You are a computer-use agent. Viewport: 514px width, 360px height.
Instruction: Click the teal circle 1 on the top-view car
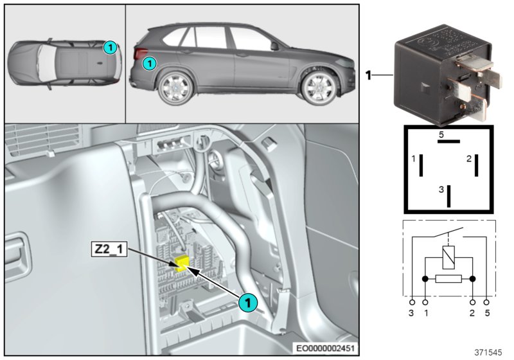click(110, 46)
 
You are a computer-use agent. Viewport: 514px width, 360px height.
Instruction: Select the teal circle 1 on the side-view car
click(148, 63)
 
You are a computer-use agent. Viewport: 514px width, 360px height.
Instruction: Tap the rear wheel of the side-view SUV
click(172, 89)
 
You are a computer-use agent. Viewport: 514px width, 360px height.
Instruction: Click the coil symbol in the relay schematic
click(449, 258)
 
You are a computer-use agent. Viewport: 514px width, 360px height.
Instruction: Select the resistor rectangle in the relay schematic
click(448, 280)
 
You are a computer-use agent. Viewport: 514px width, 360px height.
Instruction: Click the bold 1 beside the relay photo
click(369, 75)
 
